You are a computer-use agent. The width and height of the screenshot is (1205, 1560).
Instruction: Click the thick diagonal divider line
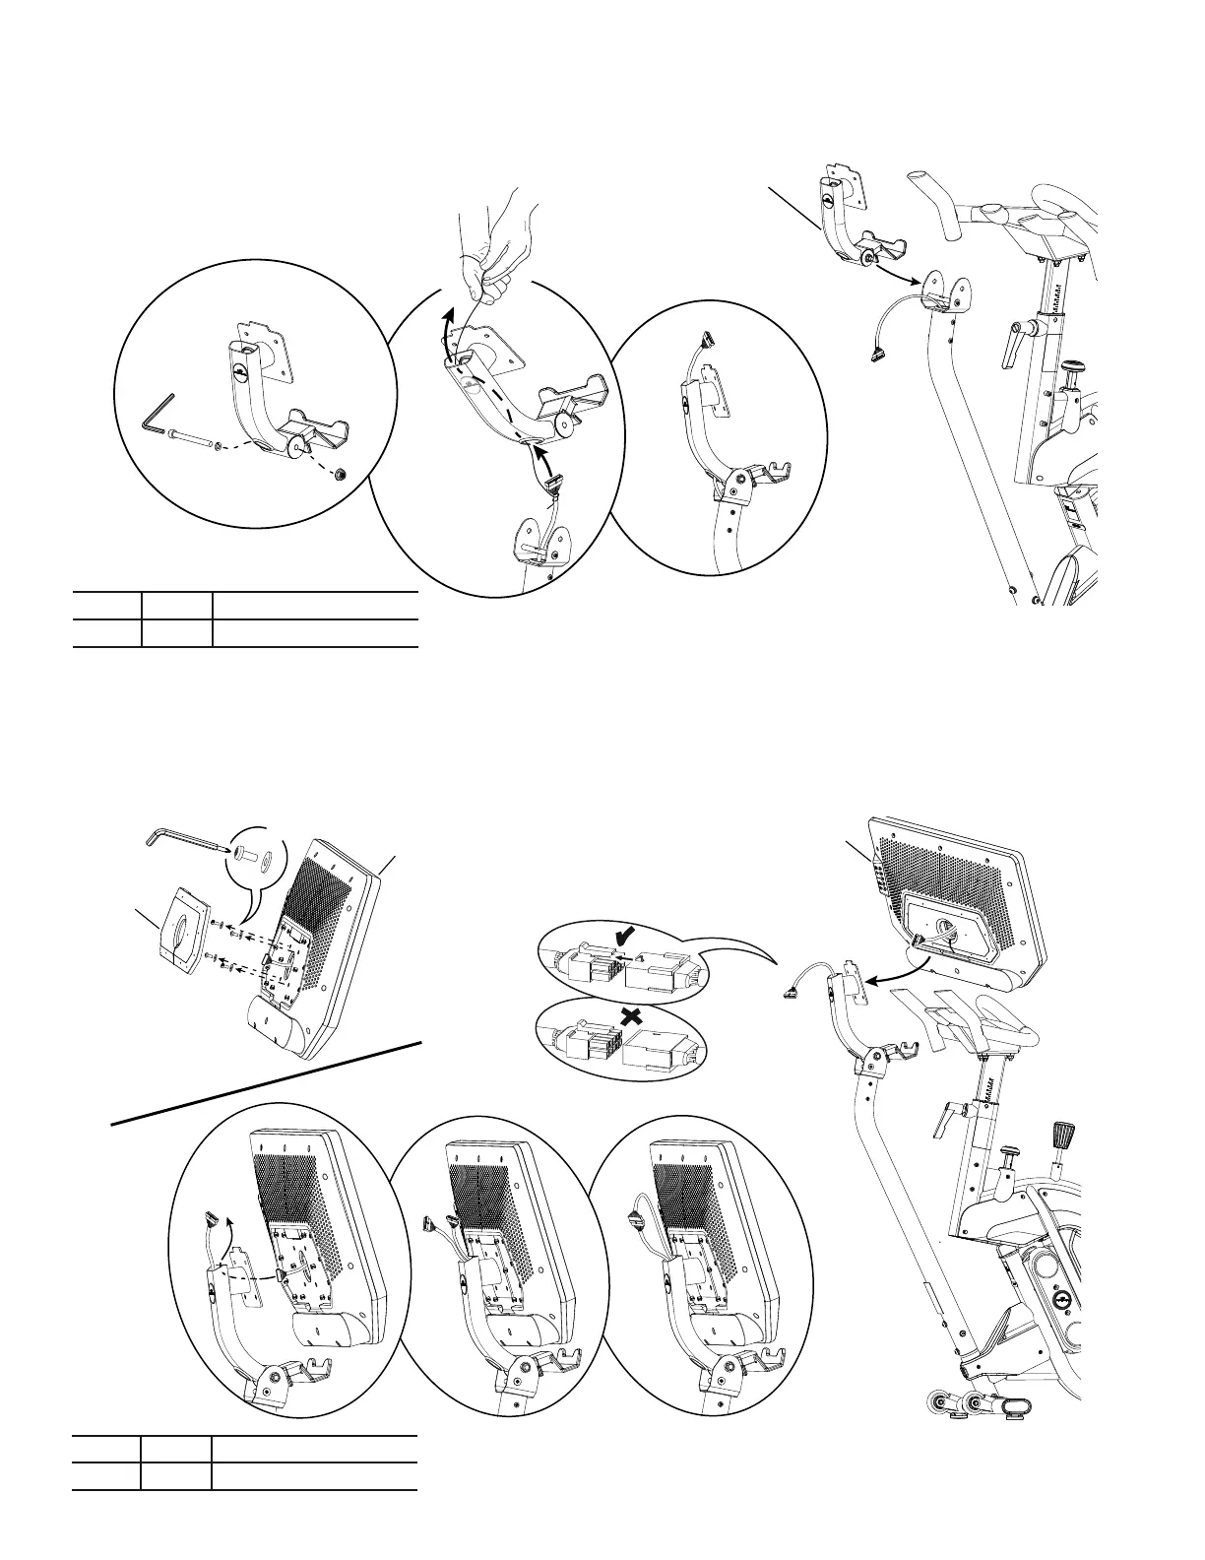point(266,1080)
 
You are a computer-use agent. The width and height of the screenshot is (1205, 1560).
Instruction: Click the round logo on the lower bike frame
point(1061,1299)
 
